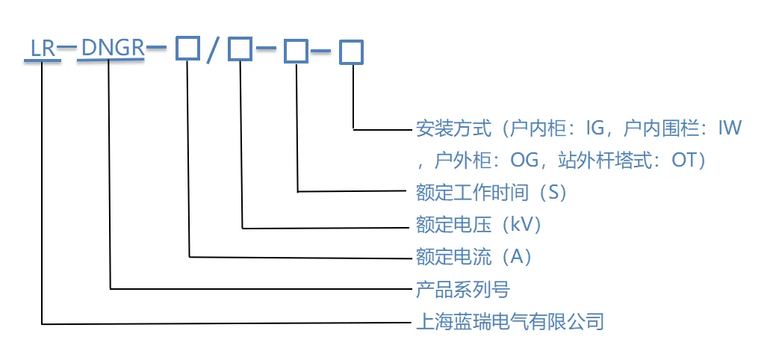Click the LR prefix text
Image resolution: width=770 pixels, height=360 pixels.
[42, 49]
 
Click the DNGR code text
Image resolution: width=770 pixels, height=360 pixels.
[112, 49]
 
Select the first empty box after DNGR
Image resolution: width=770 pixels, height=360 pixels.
[187, 49]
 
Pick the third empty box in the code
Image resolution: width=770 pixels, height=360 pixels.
[296, 52]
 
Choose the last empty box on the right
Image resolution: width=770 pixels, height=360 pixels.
[351, 52]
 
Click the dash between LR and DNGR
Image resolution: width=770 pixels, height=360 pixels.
[67, 47]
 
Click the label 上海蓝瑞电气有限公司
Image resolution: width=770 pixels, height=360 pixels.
[509, 323]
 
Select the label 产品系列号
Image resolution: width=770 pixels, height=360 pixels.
[463, 289]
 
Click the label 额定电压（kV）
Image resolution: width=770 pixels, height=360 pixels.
[479, 225]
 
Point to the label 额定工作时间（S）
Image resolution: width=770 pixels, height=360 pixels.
[493, 193]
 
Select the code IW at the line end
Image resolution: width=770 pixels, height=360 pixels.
[729, 128]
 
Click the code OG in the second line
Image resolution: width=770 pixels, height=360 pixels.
[521, 161]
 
